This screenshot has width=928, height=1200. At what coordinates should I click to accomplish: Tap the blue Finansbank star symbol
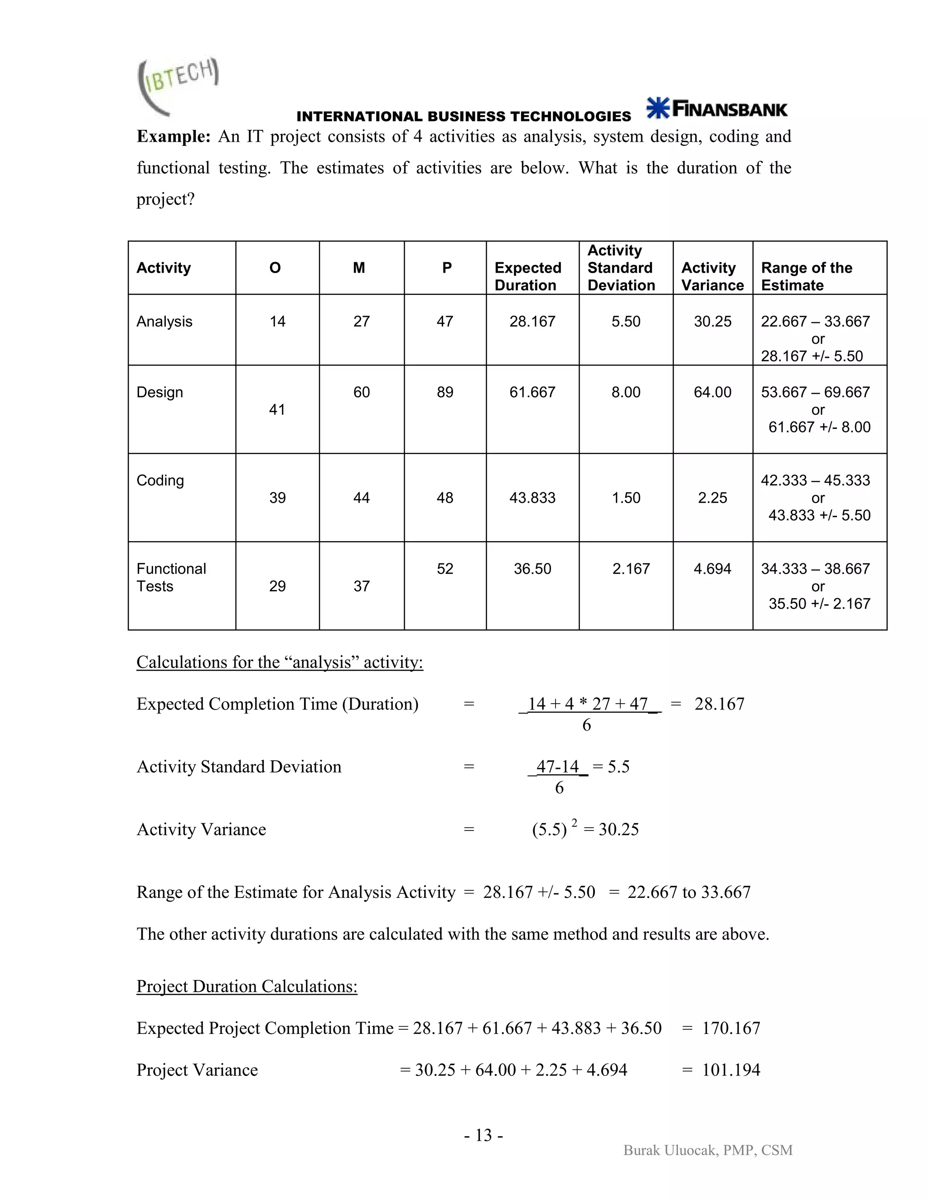pos(657,108)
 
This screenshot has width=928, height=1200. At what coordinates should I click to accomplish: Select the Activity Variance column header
pos(712,276)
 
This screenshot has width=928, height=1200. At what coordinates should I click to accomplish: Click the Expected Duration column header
pos(527,276)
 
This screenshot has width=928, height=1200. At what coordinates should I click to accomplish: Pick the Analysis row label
pos(164,322)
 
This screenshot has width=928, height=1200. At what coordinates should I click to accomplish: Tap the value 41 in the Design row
pos(277,410)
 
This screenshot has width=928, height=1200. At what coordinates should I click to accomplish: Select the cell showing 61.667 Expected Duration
pos(532,392)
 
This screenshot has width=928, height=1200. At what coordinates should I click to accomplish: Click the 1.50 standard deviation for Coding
pos(626,498)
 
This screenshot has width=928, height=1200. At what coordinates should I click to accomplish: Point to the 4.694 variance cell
pos(712,569)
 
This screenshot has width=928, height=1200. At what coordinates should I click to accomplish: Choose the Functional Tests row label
pos(171,577)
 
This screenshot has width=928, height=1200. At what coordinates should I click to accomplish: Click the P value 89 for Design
pos(445,392)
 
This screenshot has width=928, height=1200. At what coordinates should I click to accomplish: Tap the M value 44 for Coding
pos(361,498)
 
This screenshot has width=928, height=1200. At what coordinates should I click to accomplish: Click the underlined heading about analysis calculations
pos(279,662)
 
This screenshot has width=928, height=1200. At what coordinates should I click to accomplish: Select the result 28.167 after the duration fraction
pos(719,704)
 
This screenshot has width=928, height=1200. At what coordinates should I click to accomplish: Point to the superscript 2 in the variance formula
pos(574,822)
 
